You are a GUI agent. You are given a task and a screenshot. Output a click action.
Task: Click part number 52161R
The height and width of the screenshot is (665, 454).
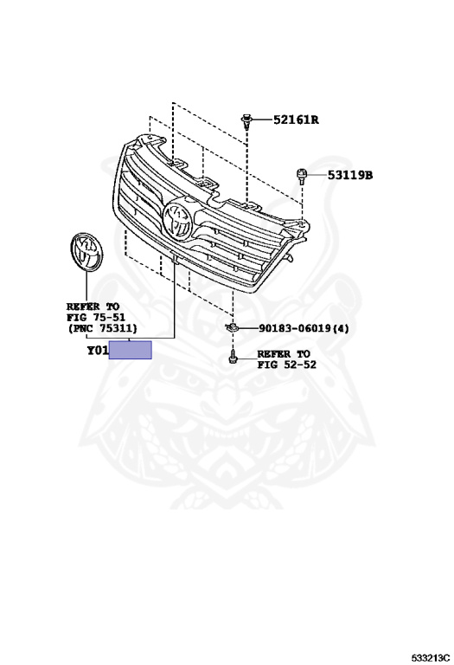pos(296,120)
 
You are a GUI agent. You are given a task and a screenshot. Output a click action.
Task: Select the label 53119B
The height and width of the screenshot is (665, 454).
pos(350,175)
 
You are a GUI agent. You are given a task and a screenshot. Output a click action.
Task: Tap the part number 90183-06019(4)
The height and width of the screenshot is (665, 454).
pos(304,328)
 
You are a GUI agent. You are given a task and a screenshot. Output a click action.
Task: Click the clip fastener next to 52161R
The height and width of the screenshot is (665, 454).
pos(247,121)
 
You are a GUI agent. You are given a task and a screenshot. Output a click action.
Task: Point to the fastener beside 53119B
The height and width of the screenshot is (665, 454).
pos(301,176)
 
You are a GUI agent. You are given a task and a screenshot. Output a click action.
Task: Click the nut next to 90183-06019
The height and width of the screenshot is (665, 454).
pos(232,327)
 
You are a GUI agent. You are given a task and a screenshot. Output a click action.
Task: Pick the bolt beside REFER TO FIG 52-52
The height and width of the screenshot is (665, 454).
pos(232,357)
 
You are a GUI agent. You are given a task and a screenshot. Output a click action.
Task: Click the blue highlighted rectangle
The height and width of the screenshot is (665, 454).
pos(131,350)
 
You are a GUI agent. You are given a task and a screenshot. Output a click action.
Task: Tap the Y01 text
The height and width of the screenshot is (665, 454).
pos(98,351)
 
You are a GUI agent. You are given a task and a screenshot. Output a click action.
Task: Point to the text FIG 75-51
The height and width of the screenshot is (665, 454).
pos(96,317)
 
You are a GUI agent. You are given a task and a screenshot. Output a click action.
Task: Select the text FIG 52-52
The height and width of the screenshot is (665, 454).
pos(287,365)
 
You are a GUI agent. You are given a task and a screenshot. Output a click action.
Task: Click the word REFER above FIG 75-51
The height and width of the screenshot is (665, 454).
pos(83,307)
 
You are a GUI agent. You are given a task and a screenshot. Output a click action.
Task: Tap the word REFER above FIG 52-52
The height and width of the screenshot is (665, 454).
pos(274,353)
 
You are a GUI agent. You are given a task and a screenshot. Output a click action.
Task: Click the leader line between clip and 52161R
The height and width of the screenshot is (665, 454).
pos(262,120)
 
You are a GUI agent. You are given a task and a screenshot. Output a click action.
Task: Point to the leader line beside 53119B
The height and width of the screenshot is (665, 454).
pos(317,174)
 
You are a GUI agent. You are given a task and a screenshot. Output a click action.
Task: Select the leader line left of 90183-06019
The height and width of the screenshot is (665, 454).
pos(247,327)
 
